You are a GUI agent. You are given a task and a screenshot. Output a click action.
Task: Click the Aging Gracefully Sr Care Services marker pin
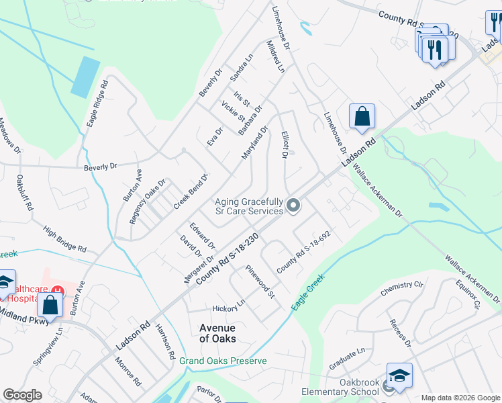click(293, 205)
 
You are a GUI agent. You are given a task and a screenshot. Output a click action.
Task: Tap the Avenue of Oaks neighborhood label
click(218, 333)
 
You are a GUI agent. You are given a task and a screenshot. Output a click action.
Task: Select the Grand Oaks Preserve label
click(223, 361)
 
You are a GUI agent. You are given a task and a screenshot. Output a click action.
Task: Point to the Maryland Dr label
click(255, 142)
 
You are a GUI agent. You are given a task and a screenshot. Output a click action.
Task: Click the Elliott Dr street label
click(284, 144)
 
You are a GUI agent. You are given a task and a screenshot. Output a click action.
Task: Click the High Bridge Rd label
click(64, 239)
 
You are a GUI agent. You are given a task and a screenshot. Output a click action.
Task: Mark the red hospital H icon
click(59, 291)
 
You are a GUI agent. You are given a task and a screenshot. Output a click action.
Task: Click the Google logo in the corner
click(21, 395)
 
